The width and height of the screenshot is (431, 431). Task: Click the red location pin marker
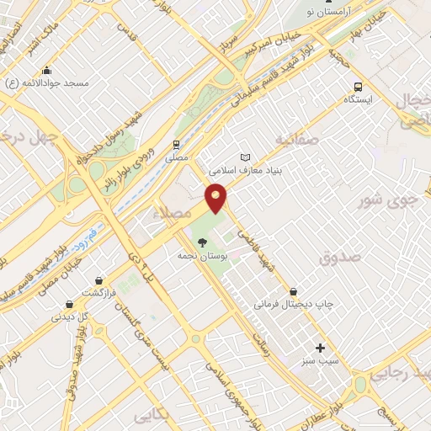pos(216,197)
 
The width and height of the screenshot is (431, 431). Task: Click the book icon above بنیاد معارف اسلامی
pos(245,157)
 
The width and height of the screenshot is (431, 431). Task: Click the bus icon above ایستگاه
pos(359,87)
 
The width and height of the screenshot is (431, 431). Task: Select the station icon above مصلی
pos(177,144)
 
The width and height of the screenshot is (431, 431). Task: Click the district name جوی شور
pos(387,200)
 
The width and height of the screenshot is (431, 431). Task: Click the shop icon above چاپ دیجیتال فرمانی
pos(293,291)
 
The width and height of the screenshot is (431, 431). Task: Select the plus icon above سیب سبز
pos(320,348)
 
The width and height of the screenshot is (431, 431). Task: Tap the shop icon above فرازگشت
pos(99,280)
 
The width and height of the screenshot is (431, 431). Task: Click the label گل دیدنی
pos(71,317)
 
